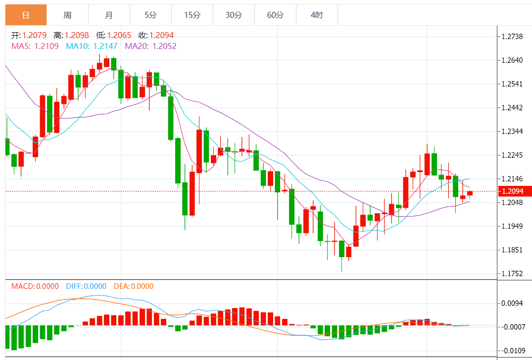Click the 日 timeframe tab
(26, 15)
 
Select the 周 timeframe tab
(67, 15)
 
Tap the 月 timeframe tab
(109, 15)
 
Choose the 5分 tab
(150, 15)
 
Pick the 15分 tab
(192, 15)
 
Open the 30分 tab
(234, 15)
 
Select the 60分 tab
(275, 15)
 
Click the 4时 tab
(317, 15)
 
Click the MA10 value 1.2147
(105, 46)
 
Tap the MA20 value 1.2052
(164, 46)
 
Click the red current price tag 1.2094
(514, 191)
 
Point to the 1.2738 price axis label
(512, 37)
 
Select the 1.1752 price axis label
(512, 273)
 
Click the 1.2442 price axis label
(512, 108)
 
